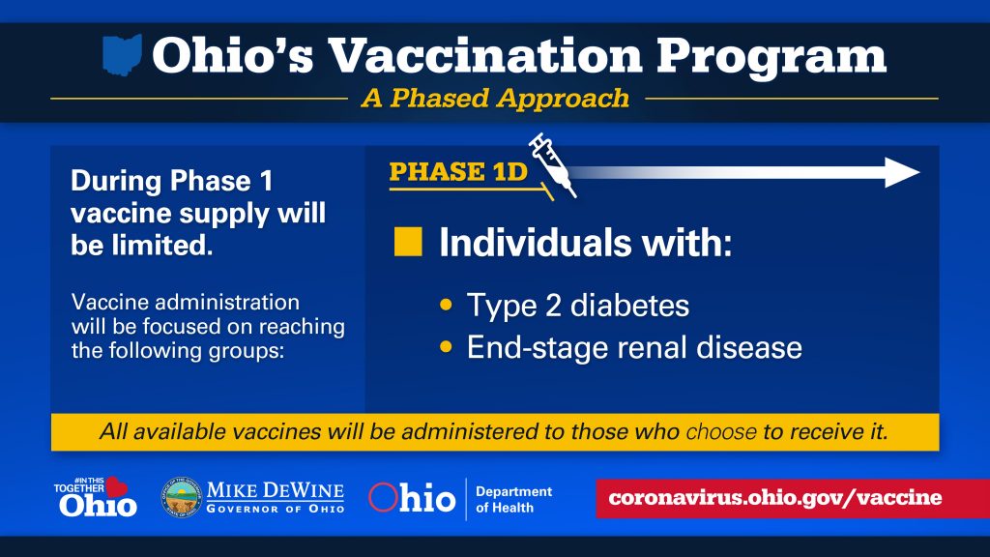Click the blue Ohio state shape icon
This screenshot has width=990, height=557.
(x=122, y=55)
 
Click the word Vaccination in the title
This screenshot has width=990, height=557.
(x=485, y=55)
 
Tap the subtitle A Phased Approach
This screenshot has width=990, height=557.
(x=495, y=99)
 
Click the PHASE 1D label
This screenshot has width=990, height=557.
(x=458, y=172)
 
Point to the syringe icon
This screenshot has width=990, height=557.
(x=552, y=164)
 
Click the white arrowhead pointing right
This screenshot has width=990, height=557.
(x=902, y=172)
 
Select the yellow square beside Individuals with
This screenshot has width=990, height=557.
(x=408, y=242)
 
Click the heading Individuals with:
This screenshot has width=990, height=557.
(x=585, y=243)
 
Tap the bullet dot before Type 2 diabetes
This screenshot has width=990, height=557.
(x=447, y=305)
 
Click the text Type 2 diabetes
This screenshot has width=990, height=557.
(x=578, y=307)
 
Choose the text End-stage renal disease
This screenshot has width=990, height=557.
(x=634, y=348)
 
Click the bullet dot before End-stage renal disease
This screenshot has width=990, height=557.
(x=447, y=347)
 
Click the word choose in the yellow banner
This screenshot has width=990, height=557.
(x=721, y=432)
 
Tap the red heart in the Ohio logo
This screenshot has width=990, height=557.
(x=116, y=486)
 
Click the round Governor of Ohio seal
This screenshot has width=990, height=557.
(x=181, y=498)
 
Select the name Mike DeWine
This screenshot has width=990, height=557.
(x=276, y=490)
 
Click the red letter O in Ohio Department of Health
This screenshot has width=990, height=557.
(x=383, y=497)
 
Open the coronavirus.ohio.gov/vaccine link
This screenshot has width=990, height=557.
(x=774, y=498)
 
